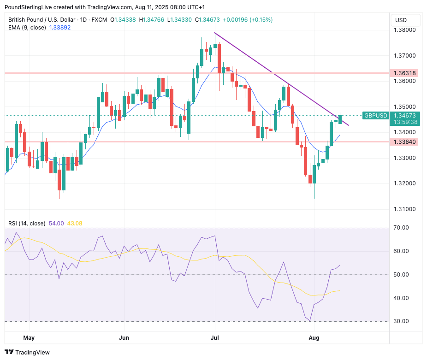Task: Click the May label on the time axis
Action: [x=29, y=338]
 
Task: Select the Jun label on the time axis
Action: [x=124, y=338]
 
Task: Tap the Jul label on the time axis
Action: [x=215, y=338]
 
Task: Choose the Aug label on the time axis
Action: [x=314, y=338]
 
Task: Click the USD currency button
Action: [x=401, y=20]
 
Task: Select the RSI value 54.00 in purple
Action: [x=56, y=224]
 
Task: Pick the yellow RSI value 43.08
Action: [x=74, y=224]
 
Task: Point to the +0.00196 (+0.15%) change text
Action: [x=248, y=20]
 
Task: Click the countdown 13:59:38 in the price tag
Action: [x=406, y=122]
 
